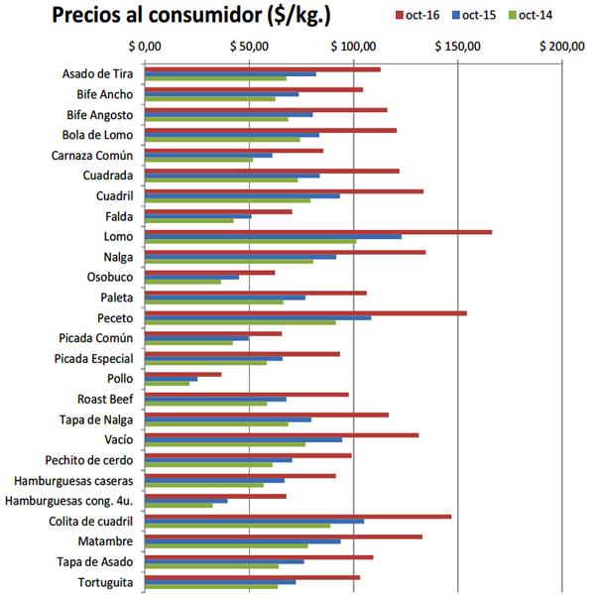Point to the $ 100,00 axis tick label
(x=356, y=47)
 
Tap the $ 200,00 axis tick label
(x=564, y=47)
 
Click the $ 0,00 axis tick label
(x=146, y=47)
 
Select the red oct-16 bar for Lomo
(x=318, y=232)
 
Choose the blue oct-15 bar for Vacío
(x=244, y=439)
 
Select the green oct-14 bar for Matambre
(x=226, y=546)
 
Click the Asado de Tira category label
(x=97, y=74)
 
